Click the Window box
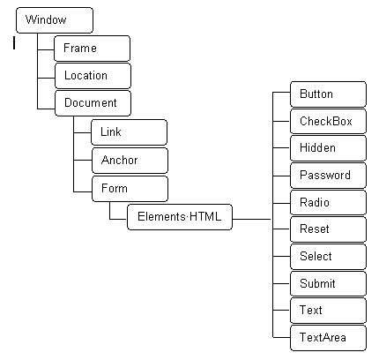pos(55,20)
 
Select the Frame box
pos(92,49)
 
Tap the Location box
pos(93,76)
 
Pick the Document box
pos(93,103)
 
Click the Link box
pos(130,132)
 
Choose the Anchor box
pos(130,161)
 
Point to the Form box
pos(130,189)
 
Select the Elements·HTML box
pos(180,217)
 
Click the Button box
pos(328,94)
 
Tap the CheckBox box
pos(328,121)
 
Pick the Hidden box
pos(328,148)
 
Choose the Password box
pos(328,176)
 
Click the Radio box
pos(328,202)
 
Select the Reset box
pos(328,229)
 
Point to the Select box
pos(328,257)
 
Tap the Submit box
pos(328,283)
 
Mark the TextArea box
pos(328,338)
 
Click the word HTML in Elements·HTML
pos(205,216)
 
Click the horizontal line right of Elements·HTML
pos(252,219)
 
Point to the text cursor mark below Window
pos(14,43)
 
